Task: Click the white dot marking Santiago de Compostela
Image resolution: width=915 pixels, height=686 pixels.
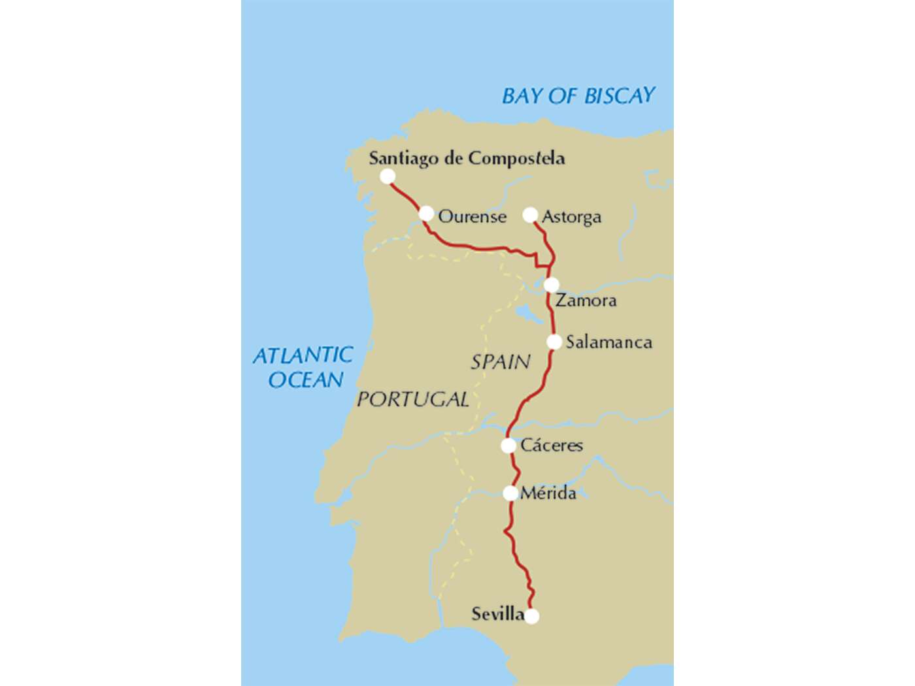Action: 388,176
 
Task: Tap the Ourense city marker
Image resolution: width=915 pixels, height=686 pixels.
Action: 426,214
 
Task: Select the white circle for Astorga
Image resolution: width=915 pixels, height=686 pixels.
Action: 530,215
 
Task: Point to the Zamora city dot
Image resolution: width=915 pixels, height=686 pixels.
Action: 552,285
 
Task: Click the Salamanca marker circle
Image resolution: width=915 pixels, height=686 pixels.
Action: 554,342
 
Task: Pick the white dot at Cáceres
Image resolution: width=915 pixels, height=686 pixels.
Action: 508,446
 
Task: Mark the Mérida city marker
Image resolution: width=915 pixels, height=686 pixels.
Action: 510,493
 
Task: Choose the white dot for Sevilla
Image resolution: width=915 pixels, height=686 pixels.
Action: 532,616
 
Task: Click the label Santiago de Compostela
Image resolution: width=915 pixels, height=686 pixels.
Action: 467,159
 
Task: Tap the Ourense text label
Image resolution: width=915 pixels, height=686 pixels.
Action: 472,217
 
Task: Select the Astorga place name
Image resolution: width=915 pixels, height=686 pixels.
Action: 571,217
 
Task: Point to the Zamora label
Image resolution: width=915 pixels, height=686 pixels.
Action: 586,301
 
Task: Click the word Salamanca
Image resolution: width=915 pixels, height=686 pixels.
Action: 608,342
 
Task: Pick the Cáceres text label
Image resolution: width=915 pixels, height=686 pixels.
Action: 552,446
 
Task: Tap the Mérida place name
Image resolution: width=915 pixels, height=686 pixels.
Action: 548,493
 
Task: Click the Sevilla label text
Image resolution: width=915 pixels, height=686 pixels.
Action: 497,614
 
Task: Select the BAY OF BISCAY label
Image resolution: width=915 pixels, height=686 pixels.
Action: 578,96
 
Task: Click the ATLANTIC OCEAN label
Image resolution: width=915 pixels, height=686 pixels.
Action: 304,367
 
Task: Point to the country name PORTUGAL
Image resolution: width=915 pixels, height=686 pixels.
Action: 412,399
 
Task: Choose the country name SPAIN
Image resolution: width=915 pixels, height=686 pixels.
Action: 501,362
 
